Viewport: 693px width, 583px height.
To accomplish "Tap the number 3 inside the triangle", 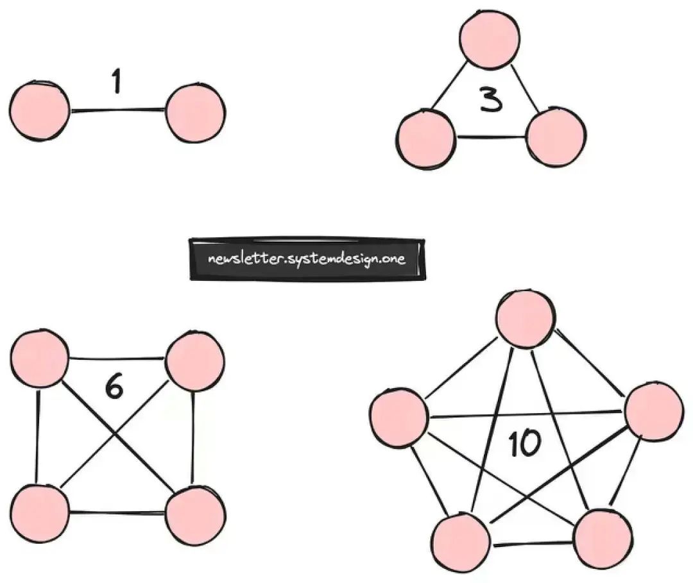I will (491, 100).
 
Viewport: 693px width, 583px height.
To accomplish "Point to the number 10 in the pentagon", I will (525, 444).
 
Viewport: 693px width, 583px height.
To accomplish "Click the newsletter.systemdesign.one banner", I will (307, 259).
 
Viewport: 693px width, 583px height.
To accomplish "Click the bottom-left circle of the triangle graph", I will (427, 137).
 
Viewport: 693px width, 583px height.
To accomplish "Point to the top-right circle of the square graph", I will (195, 360).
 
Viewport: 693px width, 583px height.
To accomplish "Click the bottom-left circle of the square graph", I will (40, 514).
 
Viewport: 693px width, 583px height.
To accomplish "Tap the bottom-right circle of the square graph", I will (195, 514).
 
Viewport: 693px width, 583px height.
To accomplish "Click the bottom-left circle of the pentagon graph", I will (459, 543).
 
